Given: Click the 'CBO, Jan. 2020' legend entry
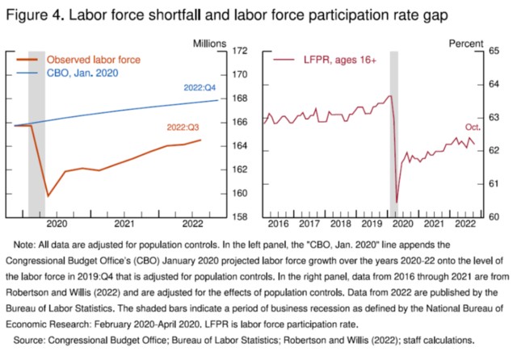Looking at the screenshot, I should (x=84, y=72).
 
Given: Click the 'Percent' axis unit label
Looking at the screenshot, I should (x=468, y=40).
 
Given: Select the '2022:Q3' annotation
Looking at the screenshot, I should (x=185, y=127).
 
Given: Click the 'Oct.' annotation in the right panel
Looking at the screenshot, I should (x=473, y=128).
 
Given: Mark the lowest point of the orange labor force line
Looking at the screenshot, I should (x=48, y=195).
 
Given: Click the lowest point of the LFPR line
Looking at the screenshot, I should (x=397, y=202).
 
